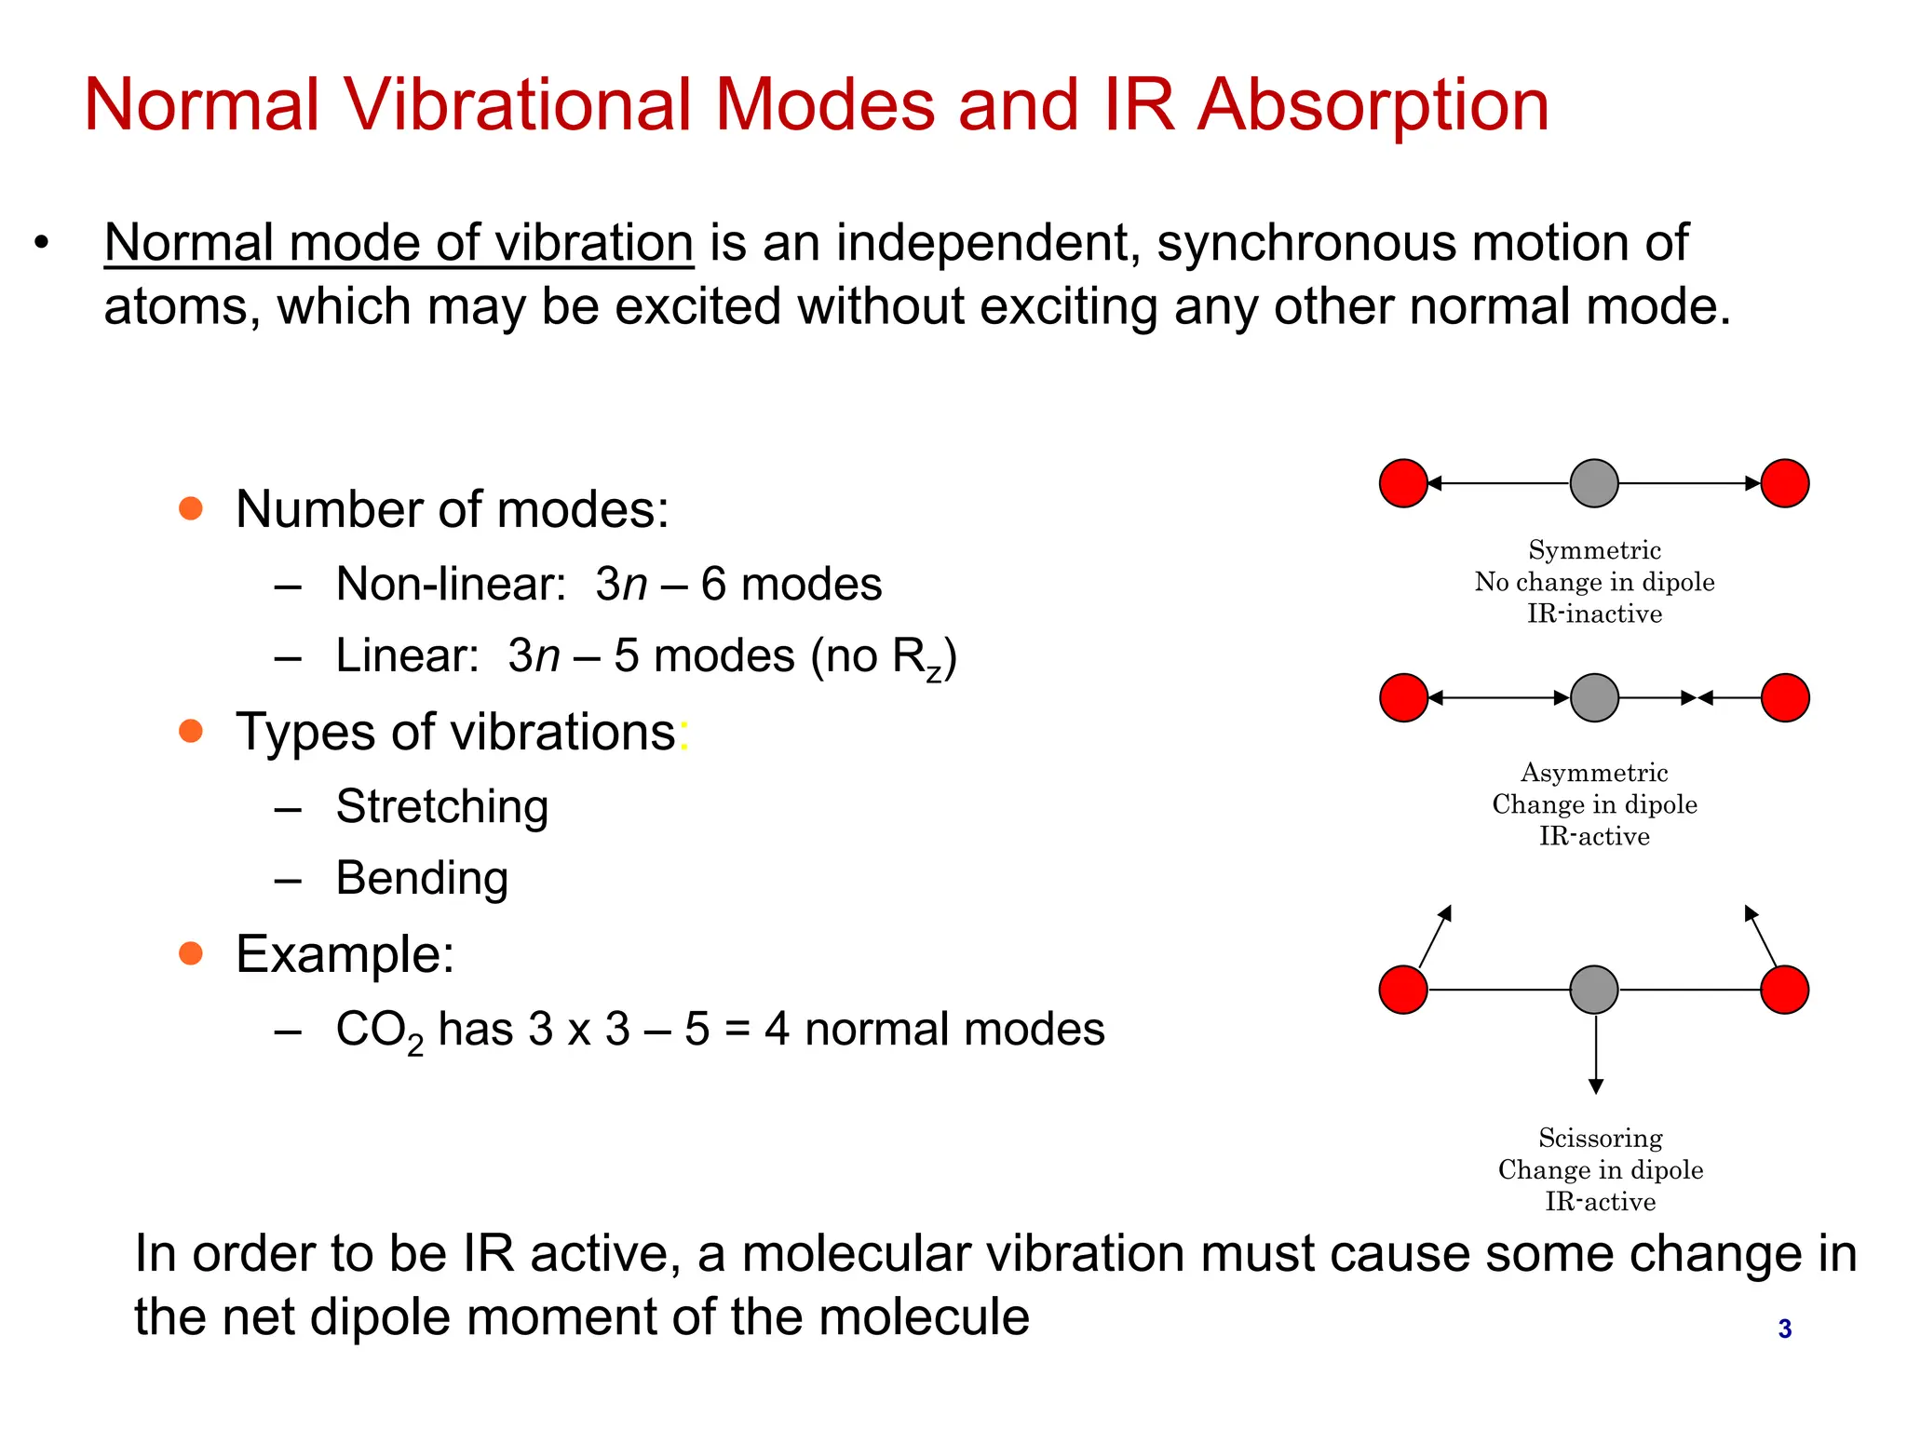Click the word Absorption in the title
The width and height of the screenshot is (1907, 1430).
[1373, 105]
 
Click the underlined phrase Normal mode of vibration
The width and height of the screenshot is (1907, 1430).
[399, 243]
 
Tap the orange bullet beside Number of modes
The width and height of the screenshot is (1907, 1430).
[191, 508]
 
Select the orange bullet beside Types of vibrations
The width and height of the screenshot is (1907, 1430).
[191, 731]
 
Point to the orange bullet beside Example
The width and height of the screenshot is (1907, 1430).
[191, 953]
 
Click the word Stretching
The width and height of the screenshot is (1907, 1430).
[441, 806]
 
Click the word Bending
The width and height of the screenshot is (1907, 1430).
[422, 878]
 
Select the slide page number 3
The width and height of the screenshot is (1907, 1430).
[1784, 1329]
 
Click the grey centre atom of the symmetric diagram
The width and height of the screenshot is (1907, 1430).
[1594, 483]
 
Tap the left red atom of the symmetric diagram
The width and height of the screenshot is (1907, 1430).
[1403, 483]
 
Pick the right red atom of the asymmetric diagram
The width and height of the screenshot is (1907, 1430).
[1785, 697]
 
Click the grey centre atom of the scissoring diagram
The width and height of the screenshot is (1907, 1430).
[1594, 989]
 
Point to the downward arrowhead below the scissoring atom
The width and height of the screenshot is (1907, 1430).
[1595, 1086]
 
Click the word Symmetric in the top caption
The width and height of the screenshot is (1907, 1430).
[1594, 550]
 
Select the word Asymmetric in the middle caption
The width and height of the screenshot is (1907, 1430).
[1594, 773]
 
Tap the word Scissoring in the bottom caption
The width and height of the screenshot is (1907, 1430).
[1600, 1138]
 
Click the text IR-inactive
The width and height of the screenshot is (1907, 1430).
[1594, 614]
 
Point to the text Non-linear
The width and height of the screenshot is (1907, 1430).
[451, 585]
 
